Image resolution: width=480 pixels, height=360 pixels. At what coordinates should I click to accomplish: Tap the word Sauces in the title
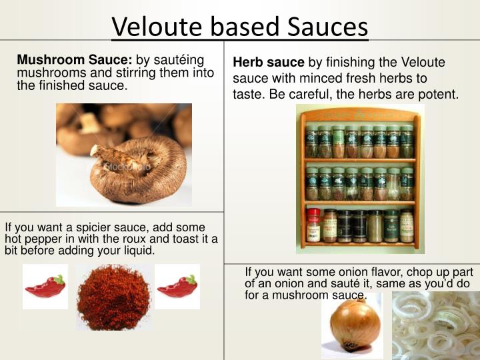click(x=328, y=27)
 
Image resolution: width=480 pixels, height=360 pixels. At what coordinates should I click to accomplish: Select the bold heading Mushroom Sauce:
click(x=75, y=61)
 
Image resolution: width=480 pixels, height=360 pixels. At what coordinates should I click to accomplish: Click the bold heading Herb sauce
click(x=269, y=63)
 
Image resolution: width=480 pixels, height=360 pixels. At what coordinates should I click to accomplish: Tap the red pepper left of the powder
click(x=45, y=287)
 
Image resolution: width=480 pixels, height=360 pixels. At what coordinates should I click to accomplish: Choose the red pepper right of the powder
click(x=177, y=287)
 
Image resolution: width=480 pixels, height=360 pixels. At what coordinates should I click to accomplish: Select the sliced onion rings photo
click(x=436, y=327)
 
